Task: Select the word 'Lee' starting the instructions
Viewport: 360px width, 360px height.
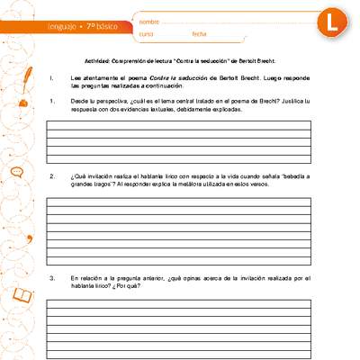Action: [x=76, y=79]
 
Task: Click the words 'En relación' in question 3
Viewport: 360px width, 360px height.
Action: [x=88, y=278]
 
